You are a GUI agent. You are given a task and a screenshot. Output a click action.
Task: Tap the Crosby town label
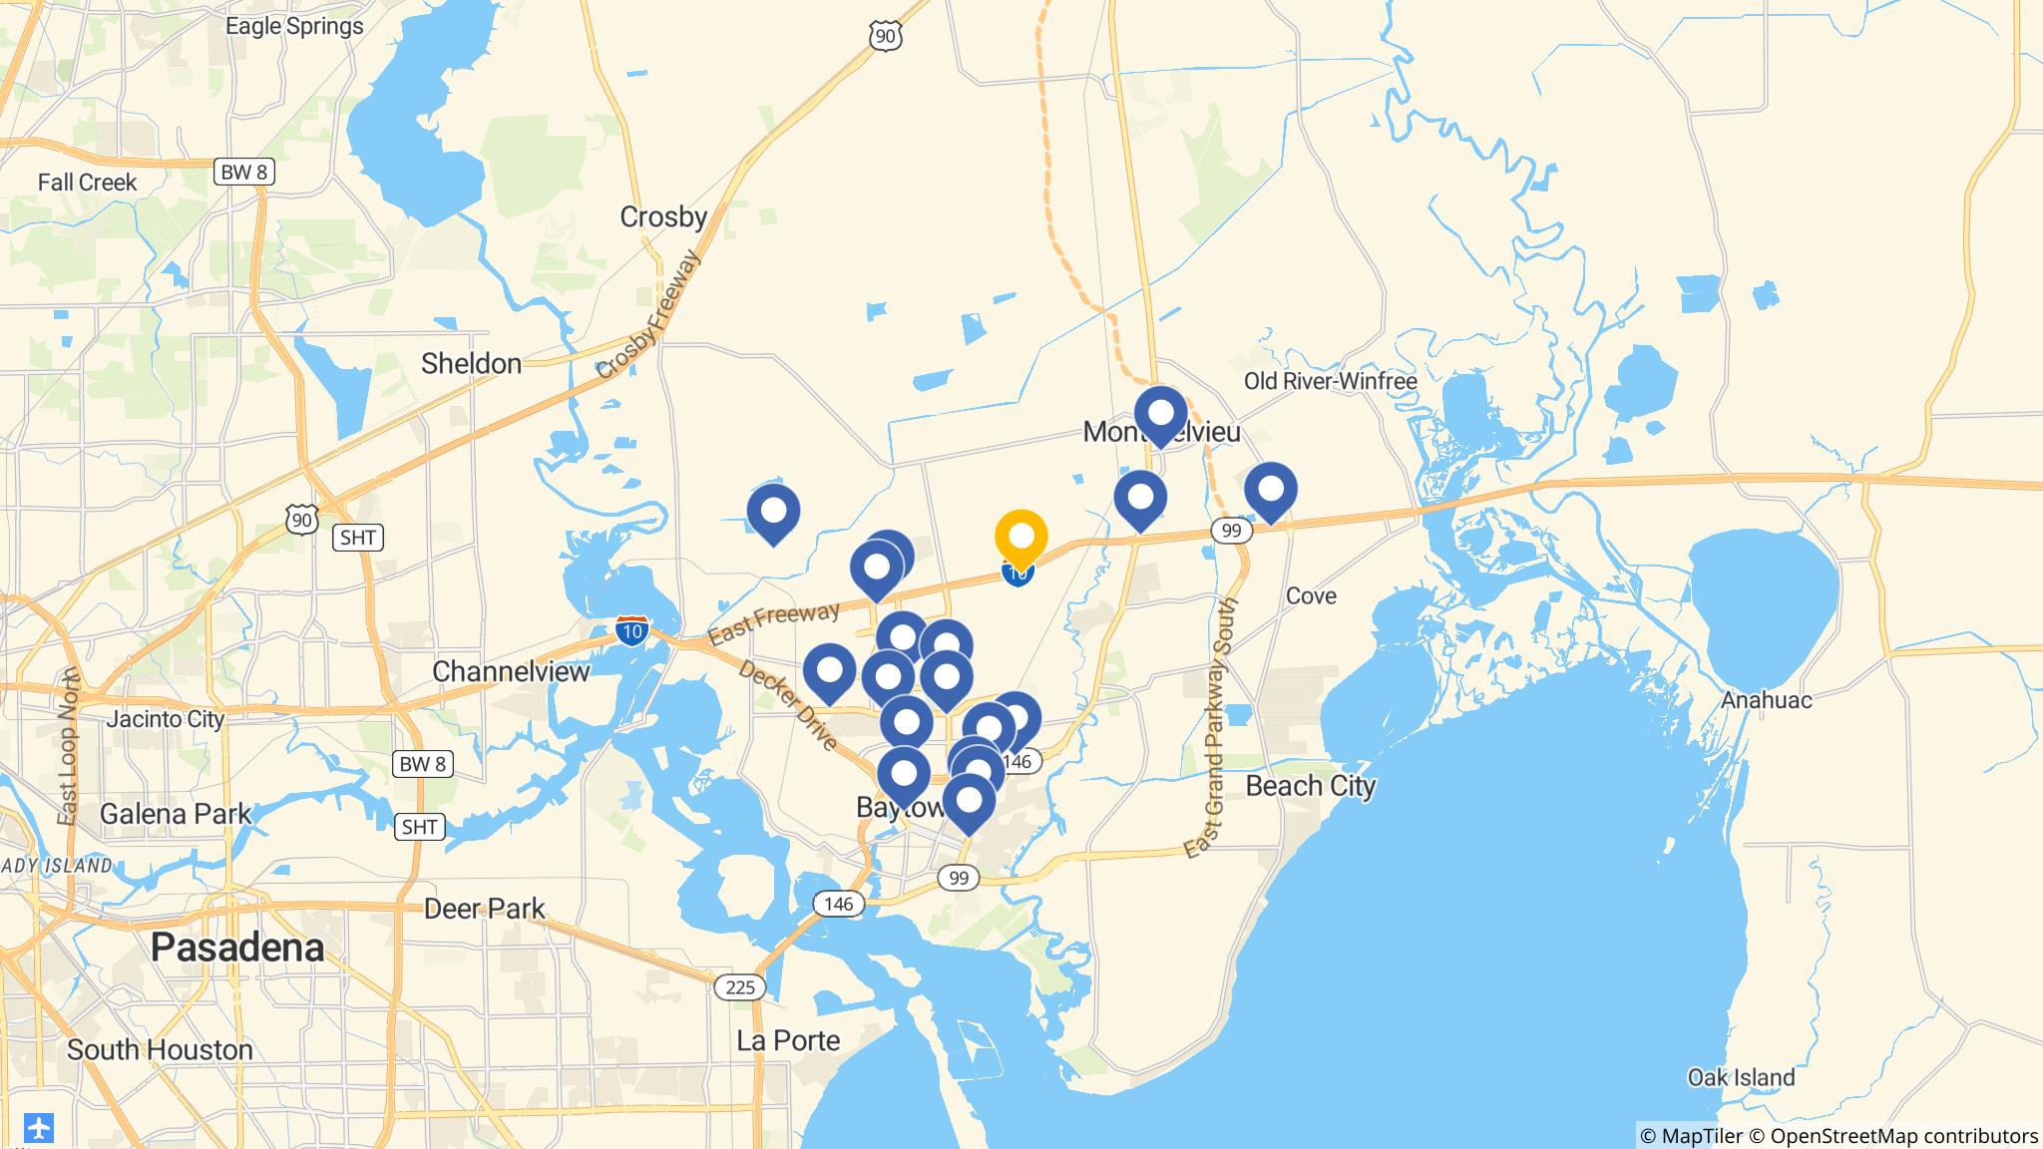coord(663,216)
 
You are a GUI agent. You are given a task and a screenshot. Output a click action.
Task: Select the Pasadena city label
coord(237,948)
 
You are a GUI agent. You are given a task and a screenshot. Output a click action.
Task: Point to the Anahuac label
coord(1766,700)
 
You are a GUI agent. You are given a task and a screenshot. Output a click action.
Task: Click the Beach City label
coord(1310,786)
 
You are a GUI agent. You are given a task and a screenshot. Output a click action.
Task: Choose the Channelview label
coord(511,671)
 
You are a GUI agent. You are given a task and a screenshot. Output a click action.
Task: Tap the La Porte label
coord(788,1040)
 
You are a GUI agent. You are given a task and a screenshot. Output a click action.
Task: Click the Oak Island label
coord(1741,1077)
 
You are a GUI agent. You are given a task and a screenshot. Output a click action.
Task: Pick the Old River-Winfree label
coord(1330,381)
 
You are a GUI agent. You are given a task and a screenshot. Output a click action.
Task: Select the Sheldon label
coord(471,364)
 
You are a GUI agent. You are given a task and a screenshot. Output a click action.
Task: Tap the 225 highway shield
coord(739,986)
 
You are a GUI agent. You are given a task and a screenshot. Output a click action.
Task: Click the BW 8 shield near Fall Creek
coord(243,172)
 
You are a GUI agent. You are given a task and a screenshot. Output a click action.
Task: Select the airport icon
coord(38,1128)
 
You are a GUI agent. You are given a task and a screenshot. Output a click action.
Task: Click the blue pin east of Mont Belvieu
coord(1270,489)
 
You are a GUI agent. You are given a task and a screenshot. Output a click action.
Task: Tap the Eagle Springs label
coord(294,26)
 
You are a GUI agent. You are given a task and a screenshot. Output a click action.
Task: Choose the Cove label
coord(1311,595)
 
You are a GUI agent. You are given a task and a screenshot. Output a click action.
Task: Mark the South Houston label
coord(160,1049)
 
